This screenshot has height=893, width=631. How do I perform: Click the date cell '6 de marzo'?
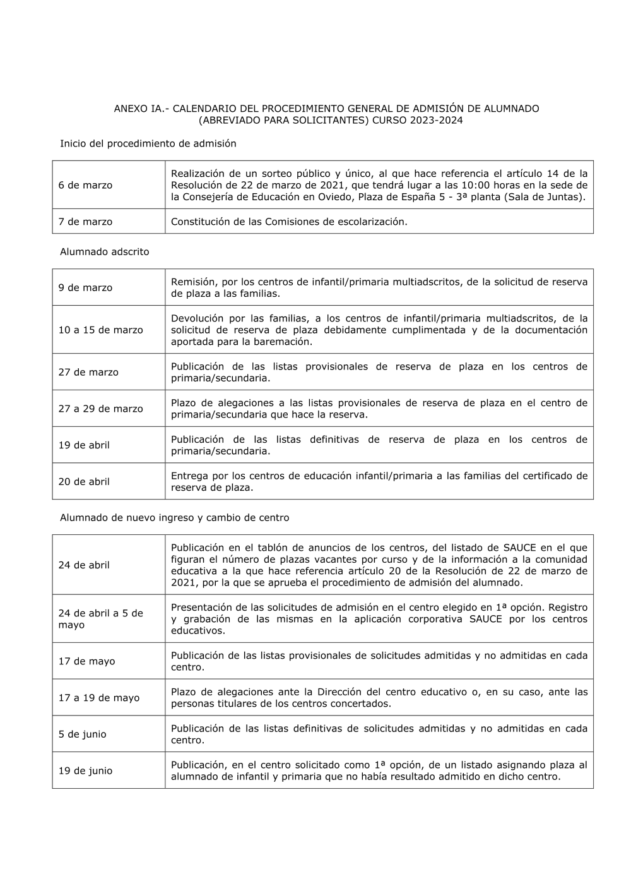point(85,185)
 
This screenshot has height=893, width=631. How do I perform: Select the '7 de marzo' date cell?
point(85,222)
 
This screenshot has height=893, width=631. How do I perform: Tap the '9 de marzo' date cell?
point(85,288)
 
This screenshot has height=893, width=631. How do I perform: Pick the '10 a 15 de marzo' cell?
point(100,330)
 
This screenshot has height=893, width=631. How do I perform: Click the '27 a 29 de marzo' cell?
point(100,409)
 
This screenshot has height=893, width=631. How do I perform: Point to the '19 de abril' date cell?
point(84,445)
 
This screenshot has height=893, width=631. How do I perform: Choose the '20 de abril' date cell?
point(84,482)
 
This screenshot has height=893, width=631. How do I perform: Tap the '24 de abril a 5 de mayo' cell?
point(100,619)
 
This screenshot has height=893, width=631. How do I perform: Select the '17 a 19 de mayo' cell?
point(98,698)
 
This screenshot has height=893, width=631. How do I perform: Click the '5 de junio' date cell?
point(82,734)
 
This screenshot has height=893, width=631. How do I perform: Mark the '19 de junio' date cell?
point(85,771)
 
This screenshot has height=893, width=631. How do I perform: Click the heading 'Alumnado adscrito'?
point(104,252)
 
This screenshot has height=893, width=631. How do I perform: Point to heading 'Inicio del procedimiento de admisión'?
point(148,144)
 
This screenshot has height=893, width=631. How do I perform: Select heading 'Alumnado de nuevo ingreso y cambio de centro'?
point(174,518)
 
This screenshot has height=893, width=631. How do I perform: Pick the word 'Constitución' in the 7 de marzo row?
point(201,222)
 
